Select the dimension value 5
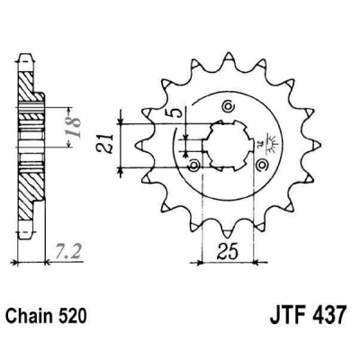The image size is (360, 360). [181, 115]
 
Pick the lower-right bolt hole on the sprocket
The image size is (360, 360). [262, 164]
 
